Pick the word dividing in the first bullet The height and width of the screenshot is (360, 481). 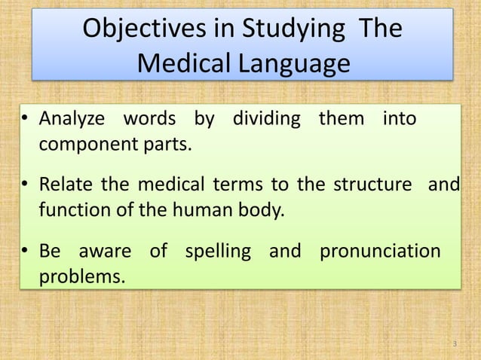[x=265, y=120]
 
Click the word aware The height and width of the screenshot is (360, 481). [x=105, y=250]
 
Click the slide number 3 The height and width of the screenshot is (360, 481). [x=455, y=344]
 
